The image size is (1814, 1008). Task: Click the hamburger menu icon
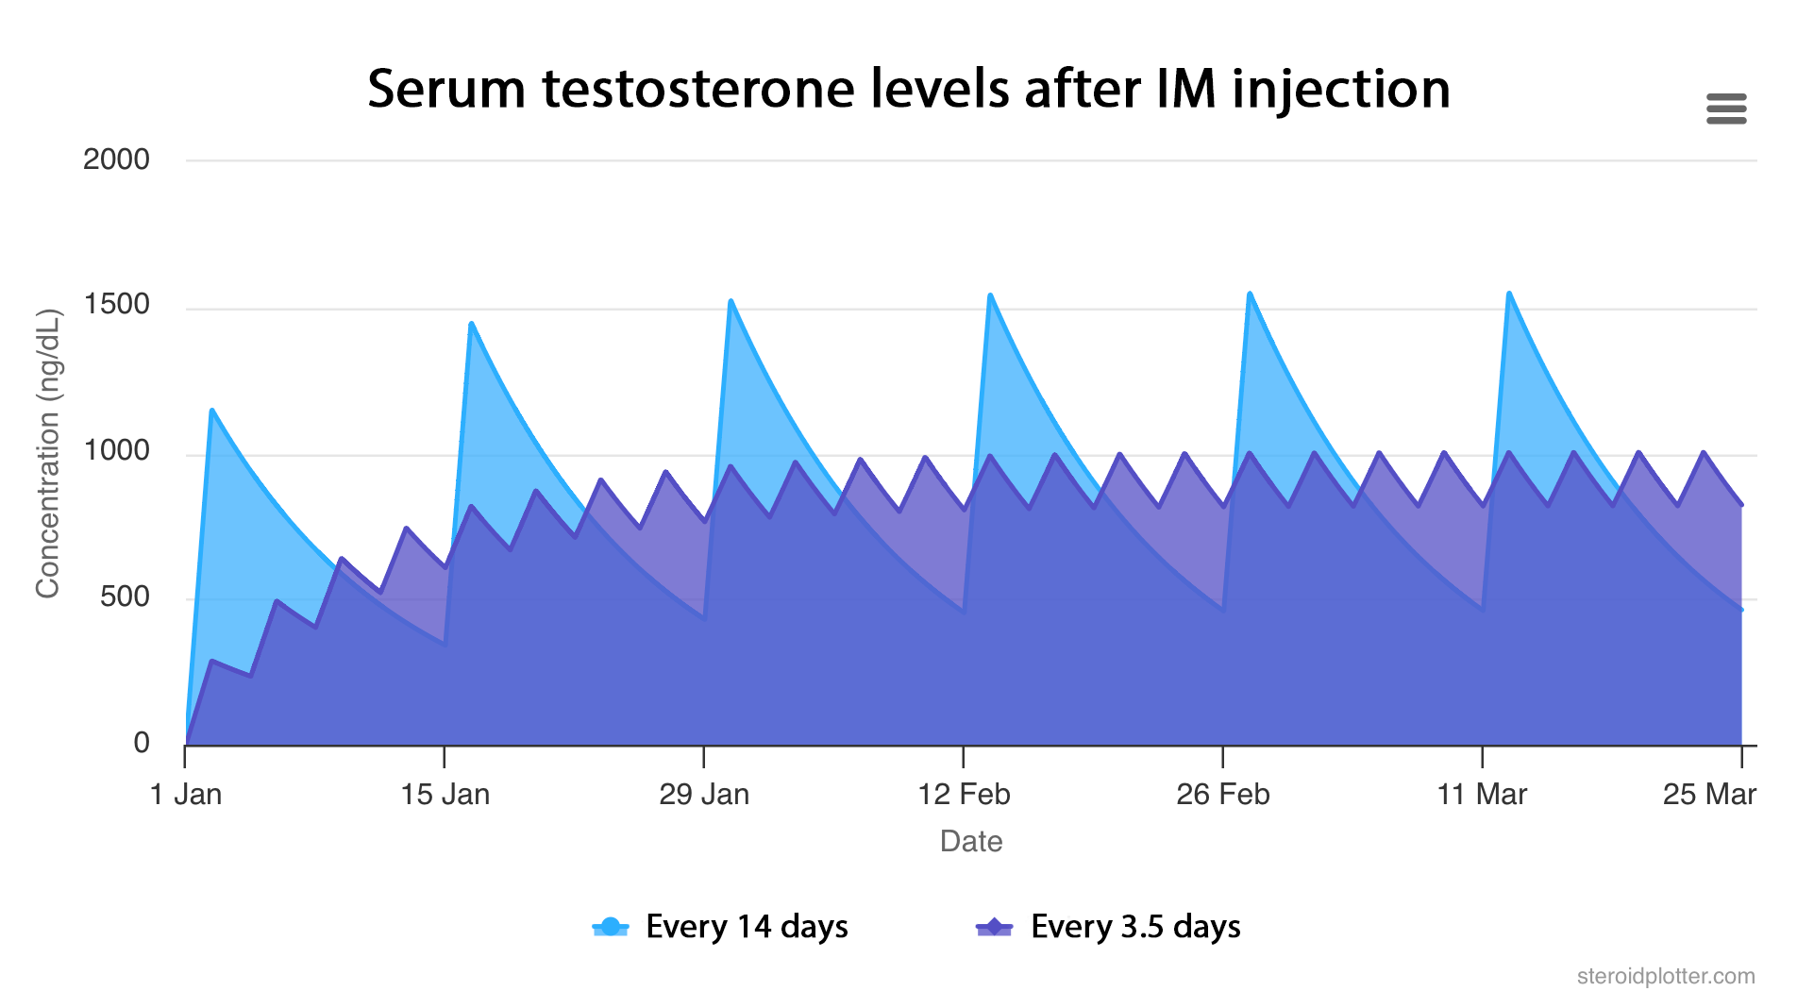pos(1725,109)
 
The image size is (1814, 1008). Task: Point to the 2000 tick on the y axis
pos(116,160)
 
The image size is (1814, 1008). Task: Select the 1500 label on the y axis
pos(116,305)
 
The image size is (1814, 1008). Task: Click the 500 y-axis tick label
pos(125,597)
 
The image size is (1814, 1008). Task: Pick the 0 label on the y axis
pos(142,744)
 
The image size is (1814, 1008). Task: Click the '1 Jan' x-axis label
pos(186,795)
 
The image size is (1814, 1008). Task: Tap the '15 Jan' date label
pos(445,795)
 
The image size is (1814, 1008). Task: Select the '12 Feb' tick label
pos(964,795)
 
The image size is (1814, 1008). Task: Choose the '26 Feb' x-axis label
pos(1222,795)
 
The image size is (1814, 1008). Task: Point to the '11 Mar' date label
pos(1482,795)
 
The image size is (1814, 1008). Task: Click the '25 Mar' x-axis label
pos(1708,795)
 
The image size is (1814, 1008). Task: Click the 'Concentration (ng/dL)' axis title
pos(48,453)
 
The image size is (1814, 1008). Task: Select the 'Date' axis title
pos(970,841)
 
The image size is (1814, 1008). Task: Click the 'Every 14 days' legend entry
pos(721,927)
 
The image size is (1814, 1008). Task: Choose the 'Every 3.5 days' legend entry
pos(1109,927)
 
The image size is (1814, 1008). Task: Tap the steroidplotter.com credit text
pos(1665,976)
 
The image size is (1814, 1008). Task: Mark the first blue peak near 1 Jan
pos(212,411)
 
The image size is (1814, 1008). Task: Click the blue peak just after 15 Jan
pos(471,324)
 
